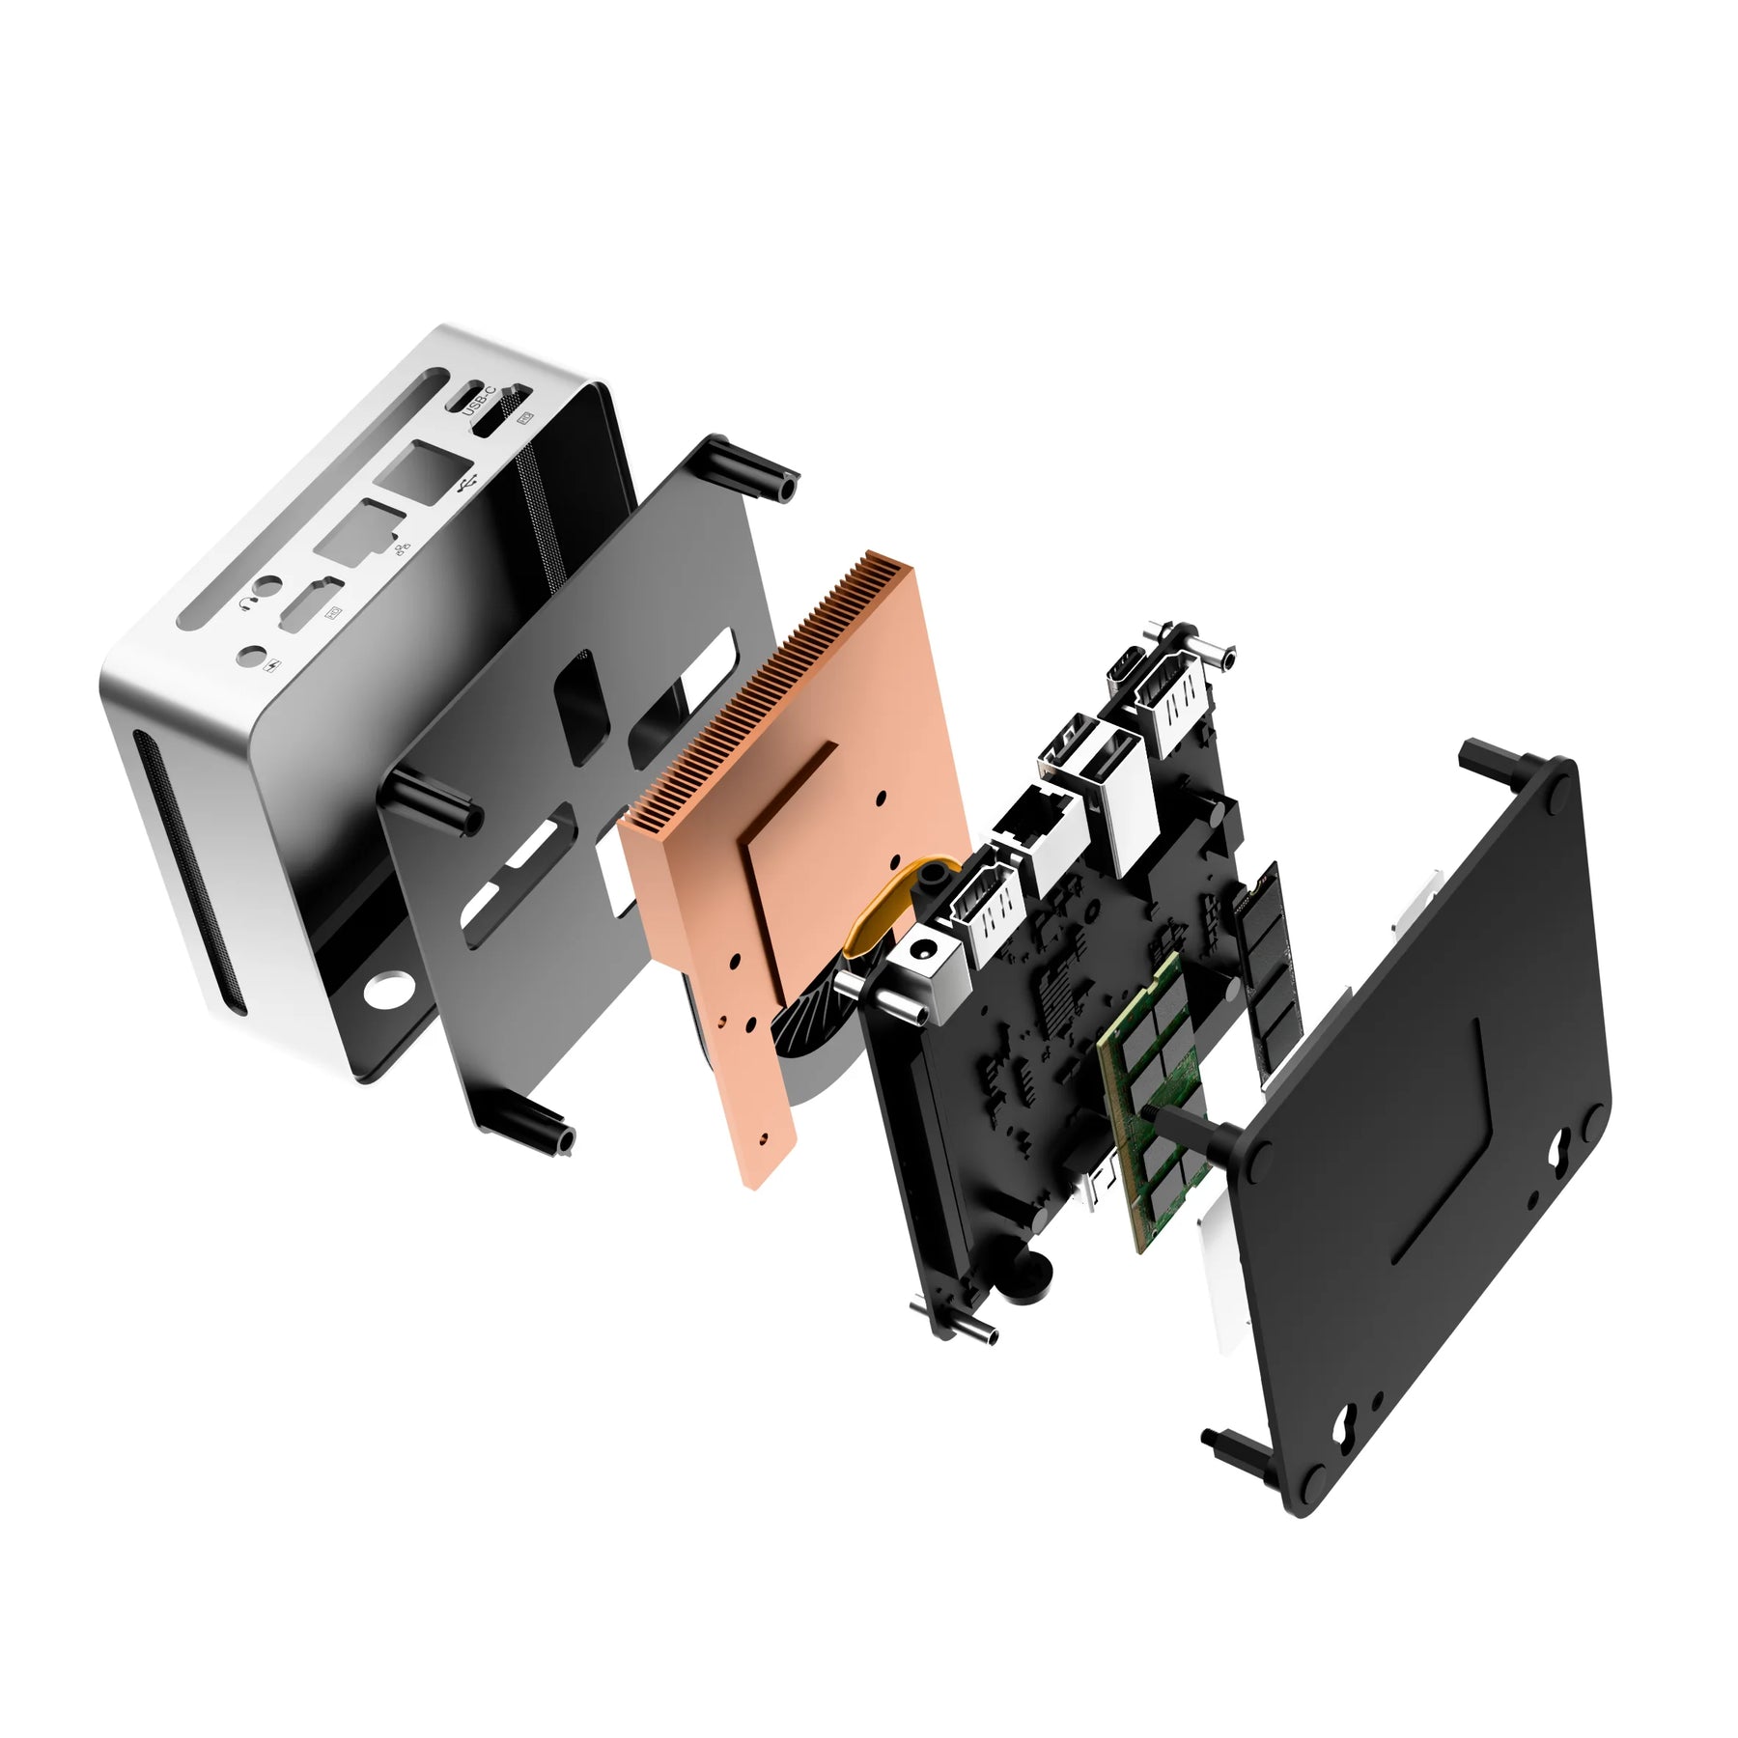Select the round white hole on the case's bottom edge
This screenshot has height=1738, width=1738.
[388, 988]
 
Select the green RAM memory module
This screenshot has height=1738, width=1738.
[1154, 1101]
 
